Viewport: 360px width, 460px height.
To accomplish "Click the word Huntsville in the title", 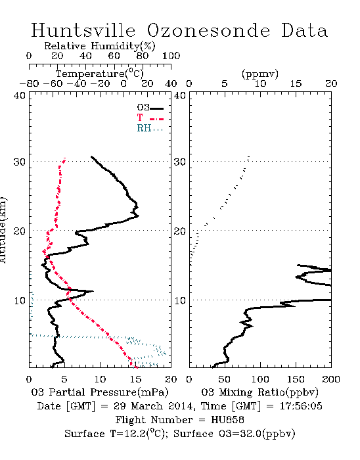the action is click(83, 30).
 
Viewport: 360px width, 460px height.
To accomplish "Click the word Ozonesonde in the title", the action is click(208, 30).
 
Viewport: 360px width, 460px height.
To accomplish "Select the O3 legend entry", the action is click(150, 108).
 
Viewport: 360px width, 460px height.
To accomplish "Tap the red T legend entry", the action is click(150, 118).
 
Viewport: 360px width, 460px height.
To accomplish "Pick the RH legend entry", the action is click(150, 128).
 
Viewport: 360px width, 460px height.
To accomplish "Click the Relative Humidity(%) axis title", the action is click(99, 46).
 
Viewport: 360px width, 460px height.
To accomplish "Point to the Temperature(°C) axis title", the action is click(100, 74).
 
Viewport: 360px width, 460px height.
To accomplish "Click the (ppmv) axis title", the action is click(259, 74).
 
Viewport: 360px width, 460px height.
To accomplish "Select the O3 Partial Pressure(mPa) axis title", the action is click(100, 392).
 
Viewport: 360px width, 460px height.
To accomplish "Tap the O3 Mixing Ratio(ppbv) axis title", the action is click(259, 392).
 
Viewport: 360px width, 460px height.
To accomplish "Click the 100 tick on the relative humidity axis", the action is click(171, 56).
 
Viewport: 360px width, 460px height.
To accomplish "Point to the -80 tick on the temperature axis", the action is click(29, 84).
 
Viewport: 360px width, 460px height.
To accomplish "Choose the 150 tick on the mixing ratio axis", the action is click(296, 379).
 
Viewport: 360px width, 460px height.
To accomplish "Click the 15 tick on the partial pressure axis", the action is click(136, 379).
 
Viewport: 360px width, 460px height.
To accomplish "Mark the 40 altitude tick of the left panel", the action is click(19, 96).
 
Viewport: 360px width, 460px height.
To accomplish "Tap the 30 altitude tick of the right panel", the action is click(180, 162).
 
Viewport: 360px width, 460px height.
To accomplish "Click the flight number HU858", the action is click(227, 420).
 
